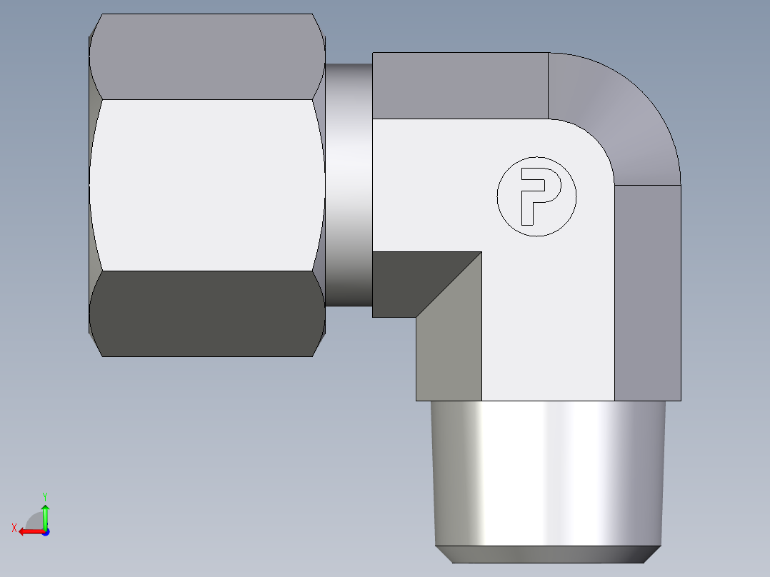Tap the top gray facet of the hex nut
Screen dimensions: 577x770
207,57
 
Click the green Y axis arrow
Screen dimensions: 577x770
45,514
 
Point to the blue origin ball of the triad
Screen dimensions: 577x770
45,531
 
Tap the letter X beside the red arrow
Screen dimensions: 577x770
14,528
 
